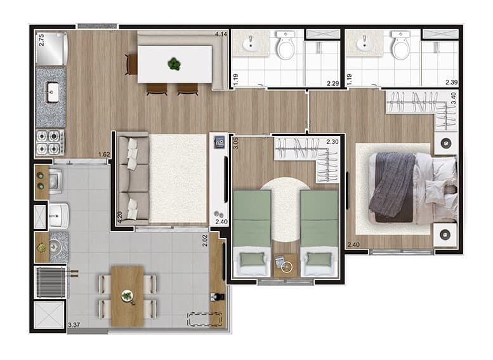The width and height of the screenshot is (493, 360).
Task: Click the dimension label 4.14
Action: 221,34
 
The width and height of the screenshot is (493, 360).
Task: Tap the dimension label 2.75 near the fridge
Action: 41,40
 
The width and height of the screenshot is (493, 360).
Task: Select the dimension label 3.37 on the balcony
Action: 74,324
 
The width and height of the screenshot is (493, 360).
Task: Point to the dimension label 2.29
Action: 332,83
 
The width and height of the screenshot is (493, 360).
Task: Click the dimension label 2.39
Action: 452,83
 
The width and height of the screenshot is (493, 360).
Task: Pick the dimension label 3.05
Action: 235,143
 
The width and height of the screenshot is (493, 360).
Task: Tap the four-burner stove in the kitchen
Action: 50,142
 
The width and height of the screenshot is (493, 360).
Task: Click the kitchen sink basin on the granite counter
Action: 53,92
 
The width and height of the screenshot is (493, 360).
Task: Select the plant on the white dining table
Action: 174,64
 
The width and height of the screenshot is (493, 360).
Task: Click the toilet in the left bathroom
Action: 286,44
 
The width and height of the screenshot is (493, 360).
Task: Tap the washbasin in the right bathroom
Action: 365,44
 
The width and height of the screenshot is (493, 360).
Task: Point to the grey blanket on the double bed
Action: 392,184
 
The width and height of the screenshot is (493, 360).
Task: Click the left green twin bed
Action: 252,233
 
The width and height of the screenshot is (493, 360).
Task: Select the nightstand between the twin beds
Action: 286,265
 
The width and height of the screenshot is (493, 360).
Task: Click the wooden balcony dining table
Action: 128,296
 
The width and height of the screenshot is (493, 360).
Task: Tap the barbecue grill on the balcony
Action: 51,282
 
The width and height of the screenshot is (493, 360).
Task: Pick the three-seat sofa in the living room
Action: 133,178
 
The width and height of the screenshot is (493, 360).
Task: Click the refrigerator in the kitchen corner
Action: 51,48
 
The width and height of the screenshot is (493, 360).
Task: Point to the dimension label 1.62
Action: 104,154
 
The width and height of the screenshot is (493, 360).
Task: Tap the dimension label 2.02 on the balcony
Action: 205,241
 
